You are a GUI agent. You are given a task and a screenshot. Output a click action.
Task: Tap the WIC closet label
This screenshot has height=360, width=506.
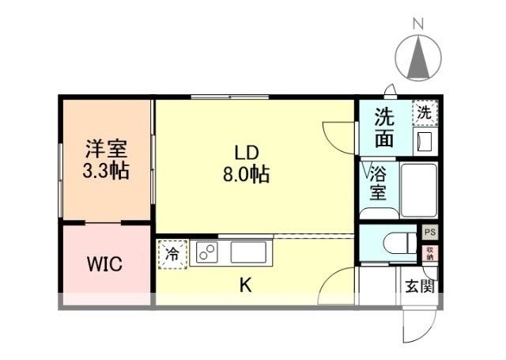coord(104,264)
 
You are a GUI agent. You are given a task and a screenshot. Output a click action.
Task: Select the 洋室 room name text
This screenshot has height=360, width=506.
coord(107,148)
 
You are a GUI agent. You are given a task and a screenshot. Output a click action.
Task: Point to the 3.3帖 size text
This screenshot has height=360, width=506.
coord(107,169)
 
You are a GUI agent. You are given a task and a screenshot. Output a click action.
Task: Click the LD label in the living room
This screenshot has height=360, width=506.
coord(245,152)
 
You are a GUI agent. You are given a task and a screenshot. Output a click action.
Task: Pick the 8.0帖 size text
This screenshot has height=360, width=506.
coord(245,175)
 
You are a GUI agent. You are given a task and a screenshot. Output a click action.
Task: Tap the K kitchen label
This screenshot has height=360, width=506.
coord(246,286)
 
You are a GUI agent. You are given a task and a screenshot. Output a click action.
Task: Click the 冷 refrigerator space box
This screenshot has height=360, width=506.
coord(171,253)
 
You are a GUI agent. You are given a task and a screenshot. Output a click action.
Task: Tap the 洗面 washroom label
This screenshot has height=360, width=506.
coord(384,128)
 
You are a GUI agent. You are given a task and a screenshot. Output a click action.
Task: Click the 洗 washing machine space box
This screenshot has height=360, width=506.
coord(425,112)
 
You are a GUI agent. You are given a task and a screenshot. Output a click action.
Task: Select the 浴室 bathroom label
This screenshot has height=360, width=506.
coord(379,183)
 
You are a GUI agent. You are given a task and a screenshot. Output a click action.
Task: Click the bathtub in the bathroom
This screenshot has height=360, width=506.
coord(418,190)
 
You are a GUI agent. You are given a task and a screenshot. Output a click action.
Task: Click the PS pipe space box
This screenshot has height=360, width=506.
coord(429,233)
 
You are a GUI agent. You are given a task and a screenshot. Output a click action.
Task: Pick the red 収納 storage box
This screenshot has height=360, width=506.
coord(429,253)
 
